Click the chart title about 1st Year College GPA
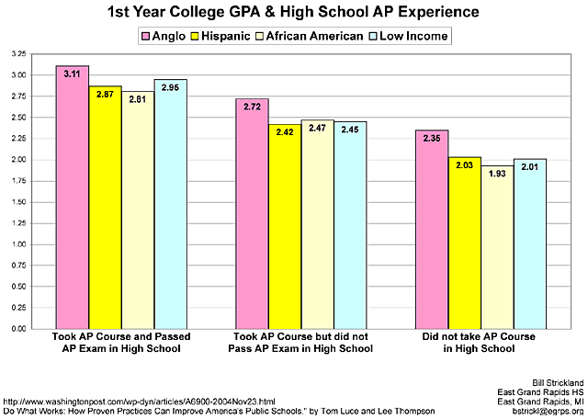click(x=293, y=12)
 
